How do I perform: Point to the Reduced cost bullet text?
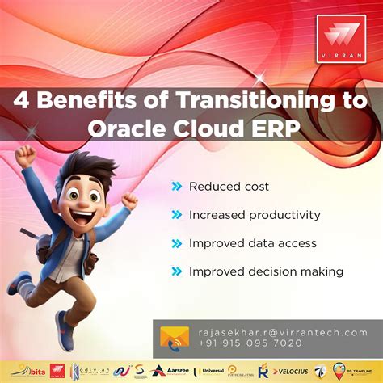[229, 187]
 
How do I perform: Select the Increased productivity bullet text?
[255, 215]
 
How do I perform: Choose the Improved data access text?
[253, 243]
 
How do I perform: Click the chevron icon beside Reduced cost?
[176, 187]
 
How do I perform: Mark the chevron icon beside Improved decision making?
[176, 271]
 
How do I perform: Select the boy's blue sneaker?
[65, 329]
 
